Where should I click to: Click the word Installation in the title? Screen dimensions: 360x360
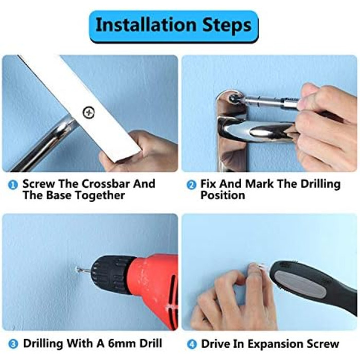pos(146,25)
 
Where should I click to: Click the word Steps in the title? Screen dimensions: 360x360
pos(227,26)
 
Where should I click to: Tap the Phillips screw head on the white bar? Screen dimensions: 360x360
pos(88,113)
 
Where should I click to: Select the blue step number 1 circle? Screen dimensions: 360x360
pos(13,185)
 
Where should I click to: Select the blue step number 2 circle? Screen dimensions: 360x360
pos(191,185)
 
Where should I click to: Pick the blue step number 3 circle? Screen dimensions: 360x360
pos(13,344)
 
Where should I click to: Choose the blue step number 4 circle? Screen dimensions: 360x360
pos(192,345)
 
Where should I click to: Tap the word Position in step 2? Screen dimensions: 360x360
pos(223,195)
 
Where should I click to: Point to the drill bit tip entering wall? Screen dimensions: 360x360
pos(77,268)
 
